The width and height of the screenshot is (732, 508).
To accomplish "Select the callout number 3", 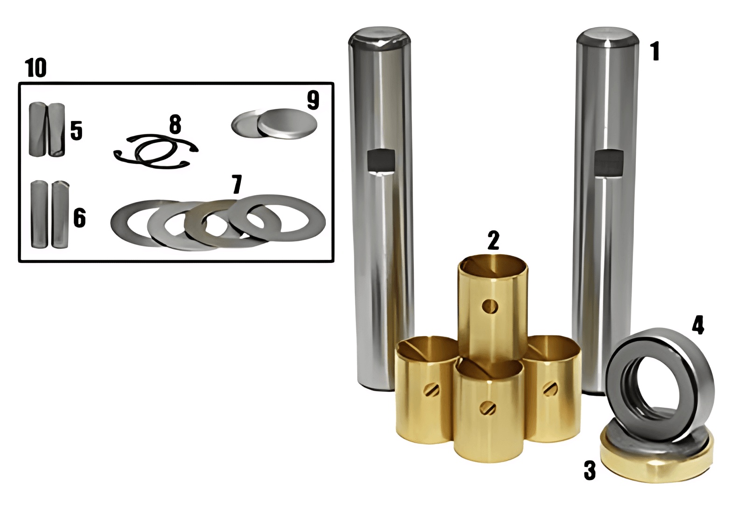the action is tap(590, 471).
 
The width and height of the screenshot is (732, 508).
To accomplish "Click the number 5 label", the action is tap(76, 130).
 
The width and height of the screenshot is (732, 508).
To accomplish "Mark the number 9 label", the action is tap(313, 100).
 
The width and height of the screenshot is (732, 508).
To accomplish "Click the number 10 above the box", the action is tap(35, 68).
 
